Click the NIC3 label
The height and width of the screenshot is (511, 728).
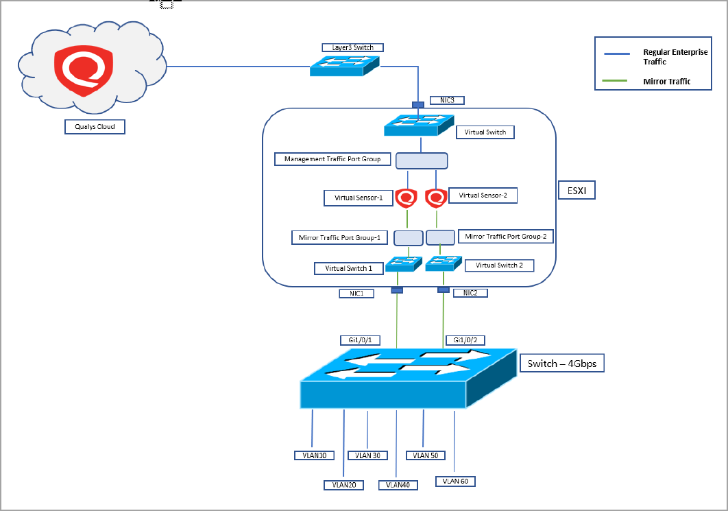click(x=447, y=100)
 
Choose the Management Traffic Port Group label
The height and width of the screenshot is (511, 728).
click(x=332, y=159)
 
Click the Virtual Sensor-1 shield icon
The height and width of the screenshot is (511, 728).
click(x=408, y=198)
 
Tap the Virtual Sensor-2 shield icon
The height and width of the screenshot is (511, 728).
click(x=436, y=198)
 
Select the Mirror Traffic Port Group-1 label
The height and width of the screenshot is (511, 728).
click(x=339, y=237)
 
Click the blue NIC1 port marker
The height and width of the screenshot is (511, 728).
click(x=397, y=291)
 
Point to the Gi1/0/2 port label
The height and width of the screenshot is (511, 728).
click(x=464, y=340)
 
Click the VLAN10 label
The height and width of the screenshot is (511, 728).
click(x=313, y=455)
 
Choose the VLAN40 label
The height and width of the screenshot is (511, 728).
click(x=398, y=485)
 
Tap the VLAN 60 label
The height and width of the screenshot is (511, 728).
click(x=455, y=481)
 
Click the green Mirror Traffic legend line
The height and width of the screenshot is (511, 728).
click(x=614, y=81)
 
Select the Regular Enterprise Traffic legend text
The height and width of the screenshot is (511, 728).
click(x=675, y=57)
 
